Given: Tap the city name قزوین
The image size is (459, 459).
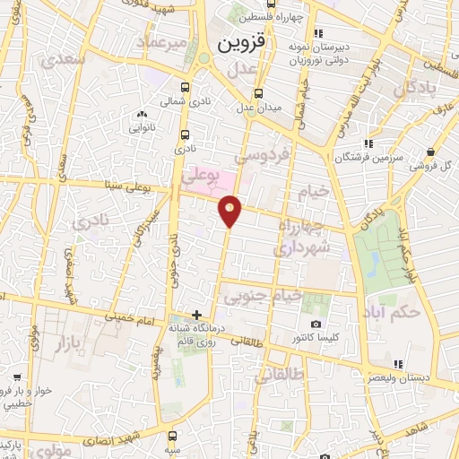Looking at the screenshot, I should (x=241, y=44).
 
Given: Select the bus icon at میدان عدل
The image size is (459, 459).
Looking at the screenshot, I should (x=258, y=94).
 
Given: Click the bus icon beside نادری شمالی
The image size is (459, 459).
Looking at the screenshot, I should (x=185, y=87).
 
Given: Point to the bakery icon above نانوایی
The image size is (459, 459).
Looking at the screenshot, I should (x=142, y=115).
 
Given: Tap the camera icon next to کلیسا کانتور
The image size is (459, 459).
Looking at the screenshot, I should (x=316, y=324).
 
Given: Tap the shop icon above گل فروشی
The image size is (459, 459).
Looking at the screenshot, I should (x=433, y=152).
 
